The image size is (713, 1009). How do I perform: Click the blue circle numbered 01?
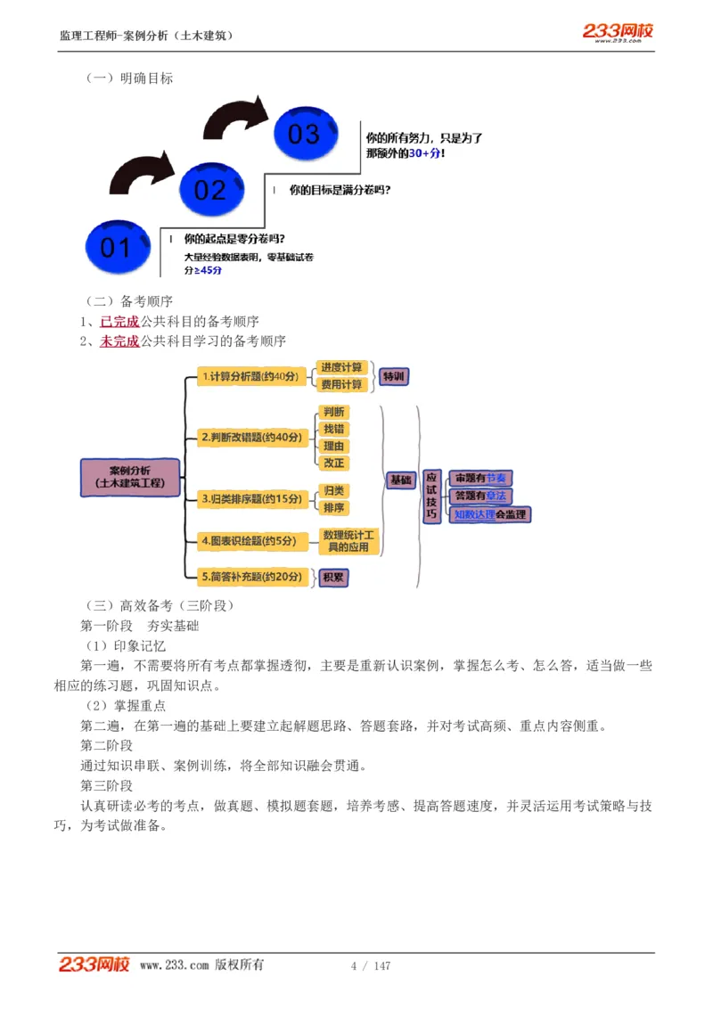115,247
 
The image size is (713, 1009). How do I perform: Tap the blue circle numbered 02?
210,189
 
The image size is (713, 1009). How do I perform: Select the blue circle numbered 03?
304,134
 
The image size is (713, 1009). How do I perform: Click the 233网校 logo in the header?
618,32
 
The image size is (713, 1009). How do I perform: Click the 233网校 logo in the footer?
94,964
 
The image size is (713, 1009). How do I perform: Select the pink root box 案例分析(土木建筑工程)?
130,476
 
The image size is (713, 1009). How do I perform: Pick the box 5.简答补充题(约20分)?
251,577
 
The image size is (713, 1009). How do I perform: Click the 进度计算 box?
341,367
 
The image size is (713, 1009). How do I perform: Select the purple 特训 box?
393,376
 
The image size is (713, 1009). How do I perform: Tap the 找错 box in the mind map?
333,429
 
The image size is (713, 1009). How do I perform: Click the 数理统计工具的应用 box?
349,540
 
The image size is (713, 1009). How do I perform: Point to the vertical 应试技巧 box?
431,496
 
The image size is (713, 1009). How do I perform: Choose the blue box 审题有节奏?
479,479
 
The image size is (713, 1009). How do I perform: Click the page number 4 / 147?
371,965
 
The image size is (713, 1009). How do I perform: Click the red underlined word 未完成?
119,340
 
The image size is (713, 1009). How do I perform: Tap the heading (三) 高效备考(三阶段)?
159,605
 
